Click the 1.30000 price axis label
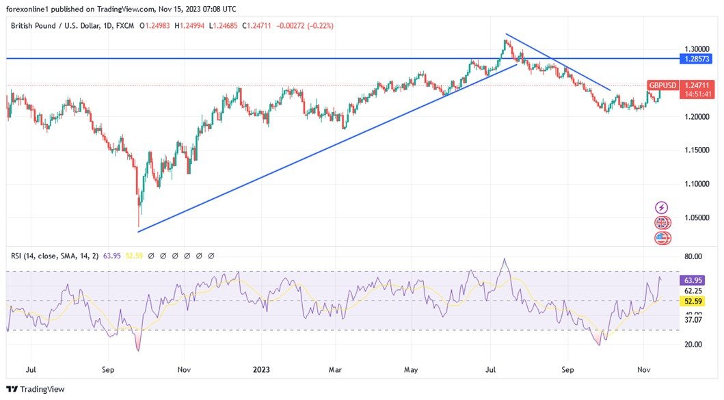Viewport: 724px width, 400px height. pos(697,49)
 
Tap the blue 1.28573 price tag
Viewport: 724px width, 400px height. pos(697,59)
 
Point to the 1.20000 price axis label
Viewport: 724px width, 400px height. pos(697,117)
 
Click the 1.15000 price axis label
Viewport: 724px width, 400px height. pos(697,150)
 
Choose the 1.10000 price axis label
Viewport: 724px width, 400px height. pos(697,184)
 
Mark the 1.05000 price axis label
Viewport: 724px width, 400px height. pos(697,217)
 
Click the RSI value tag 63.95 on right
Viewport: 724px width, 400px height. pos(693,280)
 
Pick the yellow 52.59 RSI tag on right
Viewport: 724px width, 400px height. pos(693,301)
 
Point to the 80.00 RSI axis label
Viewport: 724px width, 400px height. pos(693,256)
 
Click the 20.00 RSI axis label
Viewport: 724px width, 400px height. pos(693,344)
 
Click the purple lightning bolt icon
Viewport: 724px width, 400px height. pos(662,207)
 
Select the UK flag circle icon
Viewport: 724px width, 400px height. pos(662,223)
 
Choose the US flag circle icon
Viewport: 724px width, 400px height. pos(662,238)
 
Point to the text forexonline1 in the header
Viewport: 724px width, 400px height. pos(31,9)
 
